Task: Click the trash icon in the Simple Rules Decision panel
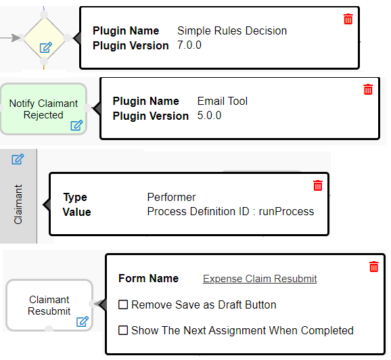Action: tap(348, 19)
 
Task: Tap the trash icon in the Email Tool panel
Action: tap(368, 89)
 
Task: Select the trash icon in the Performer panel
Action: tap(318, 185)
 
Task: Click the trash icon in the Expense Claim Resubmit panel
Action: tap(374, 267)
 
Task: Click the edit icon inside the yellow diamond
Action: tap(46, 47)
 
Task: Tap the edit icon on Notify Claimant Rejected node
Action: tap(76, 125)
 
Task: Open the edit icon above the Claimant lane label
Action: tap(18, 159)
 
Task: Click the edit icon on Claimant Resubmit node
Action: tap(83, 321)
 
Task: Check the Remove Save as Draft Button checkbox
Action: tap(123, 305)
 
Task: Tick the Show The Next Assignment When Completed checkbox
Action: tap(123, 330)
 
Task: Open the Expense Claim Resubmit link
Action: tap(260, 279)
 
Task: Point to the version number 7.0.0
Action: tap(189, 45)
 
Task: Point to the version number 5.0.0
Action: tap(209, 116)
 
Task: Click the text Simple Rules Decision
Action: tap(232, 31)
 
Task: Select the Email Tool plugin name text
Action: tap(223, 102)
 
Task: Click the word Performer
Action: tap(172, 197)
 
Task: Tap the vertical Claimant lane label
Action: tap(18, 204)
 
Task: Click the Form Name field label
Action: tap(149, 278)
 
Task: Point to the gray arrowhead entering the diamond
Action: tap(16, 38)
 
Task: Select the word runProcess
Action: tap(286, 212)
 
